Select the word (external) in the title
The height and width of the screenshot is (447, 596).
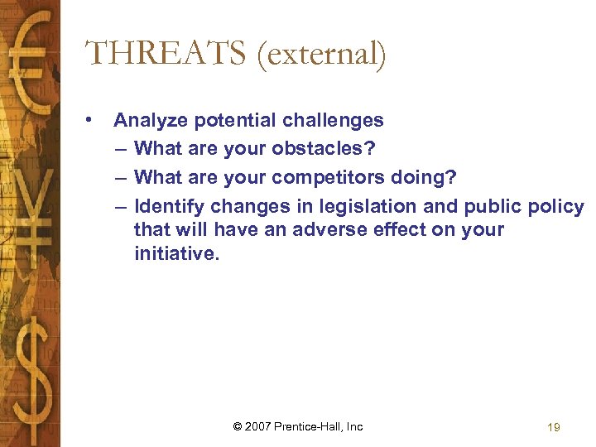321,55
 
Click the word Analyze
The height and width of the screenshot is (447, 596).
151,121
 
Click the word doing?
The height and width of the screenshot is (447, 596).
429,177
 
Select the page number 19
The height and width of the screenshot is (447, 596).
554,427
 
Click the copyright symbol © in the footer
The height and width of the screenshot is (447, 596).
238,426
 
